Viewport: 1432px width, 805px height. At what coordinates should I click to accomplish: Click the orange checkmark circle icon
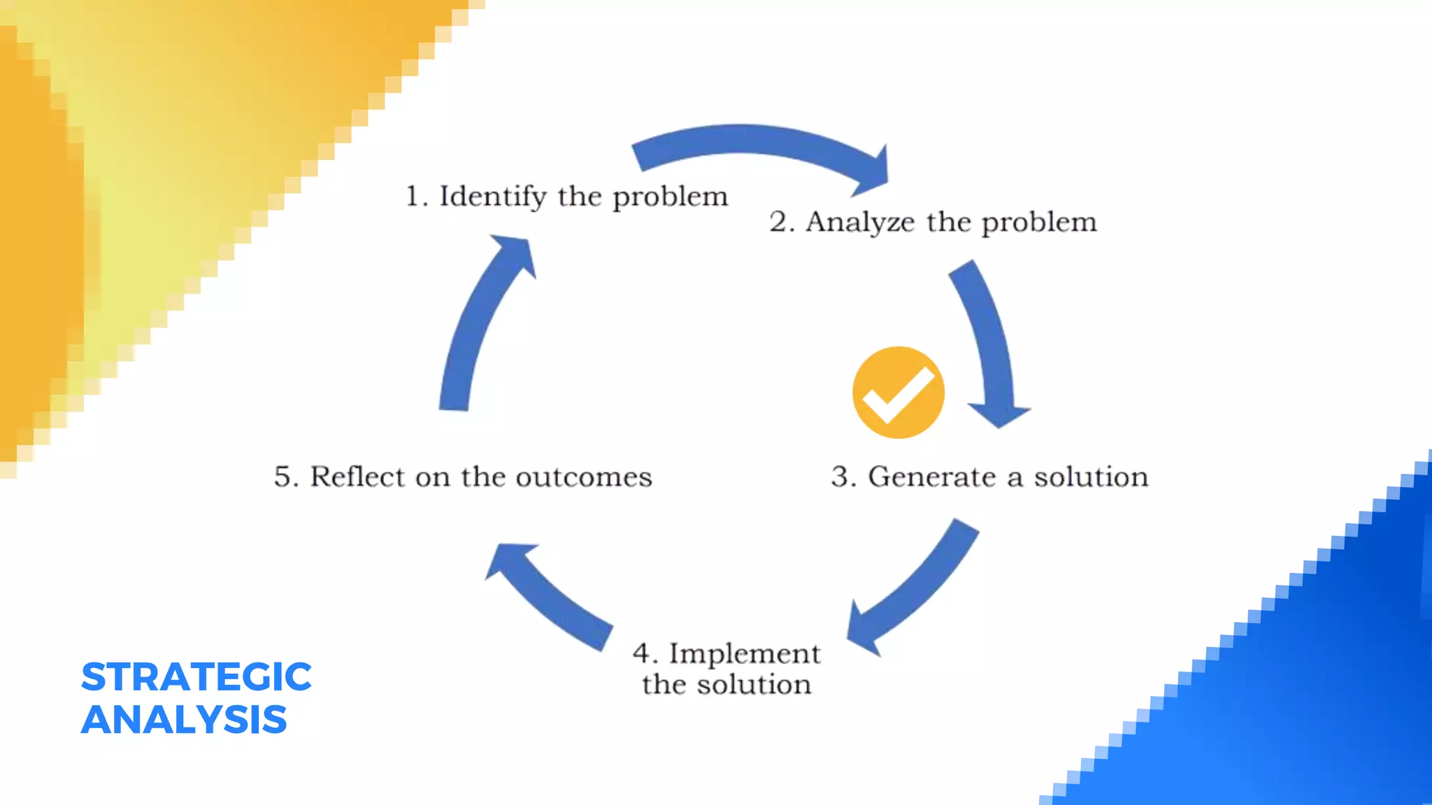point(898,393)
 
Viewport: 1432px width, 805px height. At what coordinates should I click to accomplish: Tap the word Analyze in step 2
point(860,222)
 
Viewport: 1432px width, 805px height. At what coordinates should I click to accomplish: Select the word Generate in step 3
point(932,477)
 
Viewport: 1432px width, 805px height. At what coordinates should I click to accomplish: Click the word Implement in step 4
point(745,653)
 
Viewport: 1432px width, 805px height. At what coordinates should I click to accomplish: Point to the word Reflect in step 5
point(357,477)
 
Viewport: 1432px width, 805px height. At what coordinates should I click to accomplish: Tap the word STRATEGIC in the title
point(196,676)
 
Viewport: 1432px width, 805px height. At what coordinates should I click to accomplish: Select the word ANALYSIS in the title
point(184,720)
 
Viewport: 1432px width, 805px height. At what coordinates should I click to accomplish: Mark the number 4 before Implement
point(642,653)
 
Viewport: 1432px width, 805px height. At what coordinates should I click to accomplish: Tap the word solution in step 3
point(1091,477)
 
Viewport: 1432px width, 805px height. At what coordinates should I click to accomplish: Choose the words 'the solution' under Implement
point(727,684)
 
